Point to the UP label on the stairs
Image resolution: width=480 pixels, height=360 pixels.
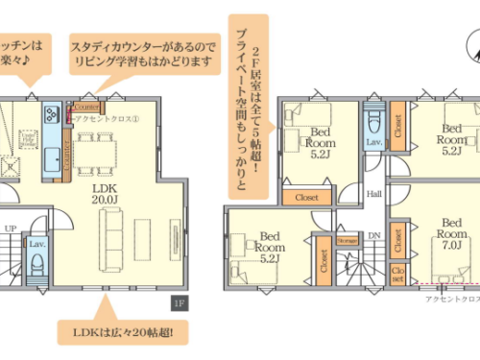pyautogui.click(x=11, y=228)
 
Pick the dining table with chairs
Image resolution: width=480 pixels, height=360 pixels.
pyautogui.click(x=96, y=148)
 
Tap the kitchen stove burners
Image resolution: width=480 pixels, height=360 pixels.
pyautogui.click(x=50, y=117)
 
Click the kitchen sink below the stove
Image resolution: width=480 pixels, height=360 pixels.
pyautogui.click(x=49, y=153)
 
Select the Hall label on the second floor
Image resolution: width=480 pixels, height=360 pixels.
pyautogui.click(x=373, y=193)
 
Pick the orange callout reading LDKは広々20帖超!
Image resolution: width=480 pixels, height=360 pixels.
pyautogui.click(x=123, y=334)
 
